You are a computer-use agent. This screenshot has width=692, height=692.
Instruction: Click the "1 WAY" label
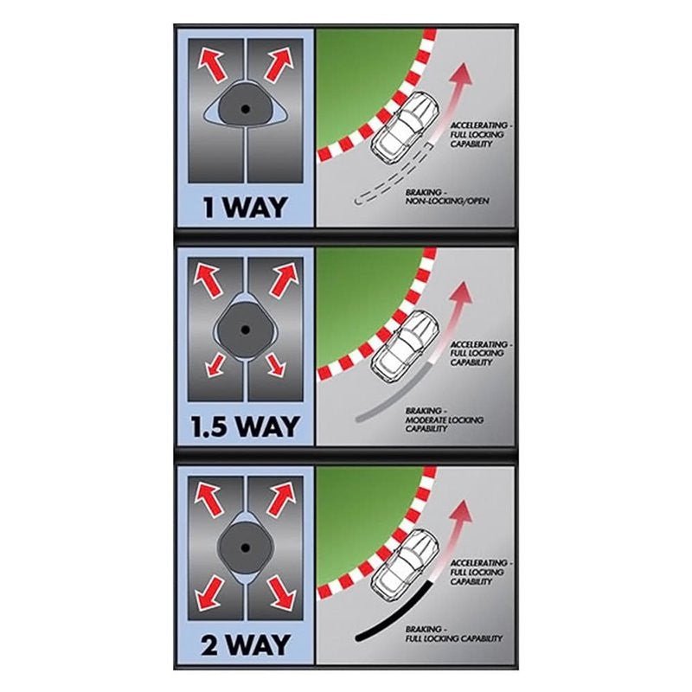[x=245, y=207]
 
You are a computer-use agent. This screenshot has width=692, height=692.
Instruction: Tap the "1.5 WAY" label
[x=245, y=426]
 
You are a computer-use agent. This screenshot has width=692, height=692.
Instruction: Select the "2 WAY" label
[x=246, y=644]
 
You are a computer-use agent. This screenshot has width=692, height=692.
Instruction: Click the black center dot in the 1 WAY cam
[x=246, y=109]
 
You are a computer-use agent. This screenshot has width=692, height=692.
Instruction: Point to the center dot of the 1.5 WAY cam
[x=246, y=330]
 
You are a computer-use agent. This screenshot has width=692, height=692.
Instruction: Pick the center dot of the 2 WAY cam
[x=246, y=548]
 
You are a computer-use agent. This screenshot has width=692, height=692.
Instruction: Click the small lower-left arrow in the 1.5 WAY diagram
[x=215, y=364]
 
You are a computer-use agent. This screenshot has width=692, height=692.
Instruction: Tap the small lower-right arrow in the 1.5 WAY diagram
[x=275, y=364]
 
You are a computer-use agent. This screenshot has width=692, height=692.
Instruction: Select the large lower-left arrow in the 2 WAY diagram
[x=210, y=593]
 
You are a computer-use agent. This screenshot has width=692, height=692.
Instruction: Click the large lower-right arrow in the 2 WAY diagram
[x=281, y=593]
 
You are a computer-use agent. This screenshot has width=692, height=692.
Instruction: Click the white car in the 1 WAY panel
[x=405, y=125]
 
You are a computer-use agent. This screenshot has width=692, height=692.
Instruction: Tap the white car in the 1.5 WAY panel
[x=405, y=345]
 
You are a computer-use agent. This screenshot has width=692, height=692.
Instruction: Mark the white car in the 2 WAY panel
[x=405, y=565]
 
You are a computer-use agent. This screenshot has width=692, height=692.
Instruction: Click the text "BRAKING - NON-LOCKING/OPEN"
[x=447, y=197]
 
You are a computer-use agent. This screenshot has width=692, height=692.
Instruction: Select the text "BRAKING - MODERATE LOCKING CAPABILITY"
[x=445, y=420]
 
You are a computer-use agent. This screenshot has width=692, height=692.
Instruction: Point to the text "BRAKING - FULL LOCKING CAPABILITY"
[x=453, y=634]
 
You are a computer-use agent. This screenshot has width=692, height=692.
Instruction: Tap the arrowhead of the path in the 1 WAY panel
[x=462, y=74]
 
